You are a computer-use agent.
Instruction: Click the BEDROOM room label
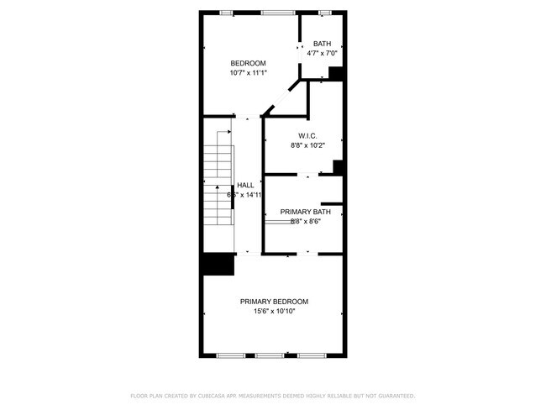[249, 64]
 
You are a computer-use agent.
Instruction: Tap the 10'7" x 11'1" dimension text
[249, 74]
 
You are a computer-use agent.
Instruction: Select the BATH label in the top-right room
[323, 44]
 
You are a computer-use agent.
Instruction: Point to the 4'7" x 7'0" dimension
[323, 54]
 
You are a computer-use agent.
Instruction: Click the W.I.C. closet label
[307, 135]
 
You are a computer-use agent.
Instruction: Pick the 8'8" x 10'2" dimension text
[307, 145]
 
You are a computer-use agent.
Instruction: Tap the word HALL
[245, 186]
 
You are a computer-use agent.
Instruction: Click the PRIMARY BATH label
[300, 212]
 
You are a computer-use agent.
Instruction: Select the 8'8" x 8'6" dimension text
[306, 222]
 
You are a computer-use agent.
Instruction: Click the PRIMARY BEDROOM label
[274, 302]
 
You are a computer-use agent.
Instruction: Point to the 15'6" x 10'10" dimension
[274, 312]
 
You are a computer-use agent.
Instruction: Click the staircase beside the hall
[217, 180]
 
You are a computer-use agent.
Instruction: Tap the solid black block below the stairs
[217, 265]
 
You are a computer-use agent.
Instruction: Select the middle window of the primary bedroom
[269, 356]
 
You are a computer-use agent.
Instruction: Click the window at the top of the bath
[325, 13]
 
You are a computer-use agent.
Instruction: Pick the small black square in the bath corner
[337, 74]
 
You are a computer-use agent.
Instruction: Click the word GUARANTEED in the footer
[396, 396]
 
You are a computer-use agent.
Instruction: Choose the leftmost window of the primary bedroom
[229, 356]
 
